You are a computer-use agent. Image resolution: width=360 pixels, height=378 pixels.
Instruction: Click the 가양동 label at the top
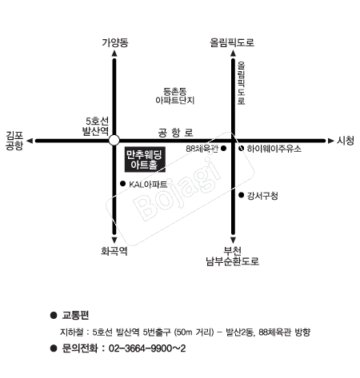pos(115,42)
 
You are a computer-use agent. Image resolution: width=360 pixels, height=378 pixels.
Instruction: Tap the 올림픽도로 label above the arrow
pos(232,42)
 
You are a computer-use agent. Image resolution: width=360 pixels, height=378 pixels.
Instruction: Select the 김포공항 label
pos(14,141)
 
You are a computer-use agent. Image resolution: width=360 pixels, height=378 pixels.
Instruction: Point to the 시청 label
pos(346,141)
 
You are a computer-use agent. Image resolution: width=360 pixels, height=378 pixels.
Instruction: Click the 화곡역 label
pos(114,251)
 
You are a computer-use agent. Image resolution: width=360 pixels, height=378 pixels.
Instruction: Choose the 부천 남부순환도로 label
pos(233,256)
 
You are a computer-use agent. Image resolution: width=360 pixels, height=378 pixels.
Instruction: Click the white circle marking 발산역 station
pos(114,140)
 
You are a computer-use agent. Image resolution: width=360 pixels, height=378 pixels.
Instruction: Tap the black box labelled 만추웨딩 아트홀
pos(145,159)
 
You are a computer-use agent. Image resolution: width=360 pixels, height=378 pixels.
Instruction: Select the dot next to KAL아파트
pos(123,184)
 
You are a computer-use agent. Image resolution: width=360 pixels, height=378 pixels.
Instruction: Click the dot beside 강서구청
pos(242,195)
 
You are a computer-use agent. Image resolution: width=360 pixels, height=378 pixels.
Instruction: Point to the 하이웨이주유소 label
pos(274,149)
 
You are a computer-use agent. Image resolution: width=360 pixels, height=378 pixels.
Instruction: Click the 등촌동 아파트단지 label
pos(175,96)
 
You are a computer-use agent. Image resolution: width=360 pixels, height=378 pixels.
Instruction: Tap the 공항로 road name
pos(175,133)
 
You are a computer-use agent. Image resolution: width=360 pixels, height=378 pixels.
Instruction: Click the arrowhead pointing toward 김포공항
pos(30,141)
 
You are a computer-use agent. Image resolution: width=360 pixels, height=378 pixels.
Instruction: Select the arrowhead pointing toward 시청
pos(331,141)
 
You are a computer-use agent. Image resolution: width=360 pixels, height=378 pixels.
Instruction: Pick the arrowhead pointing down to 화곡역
pos(114,240)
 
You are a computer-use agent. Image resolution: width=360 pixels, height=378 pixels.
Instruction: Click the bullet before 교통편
pos(54,316)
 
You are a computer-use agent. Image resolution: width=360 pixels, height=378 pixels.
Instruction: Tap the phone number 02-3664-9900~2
pos(147,348)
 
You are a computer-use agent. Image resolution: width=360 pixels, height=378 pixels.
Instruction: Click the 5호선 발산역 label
pos(96,126)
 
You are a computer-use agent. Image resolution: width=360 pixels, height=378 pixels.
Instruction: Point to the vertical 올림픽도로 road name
pos(241,83)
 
